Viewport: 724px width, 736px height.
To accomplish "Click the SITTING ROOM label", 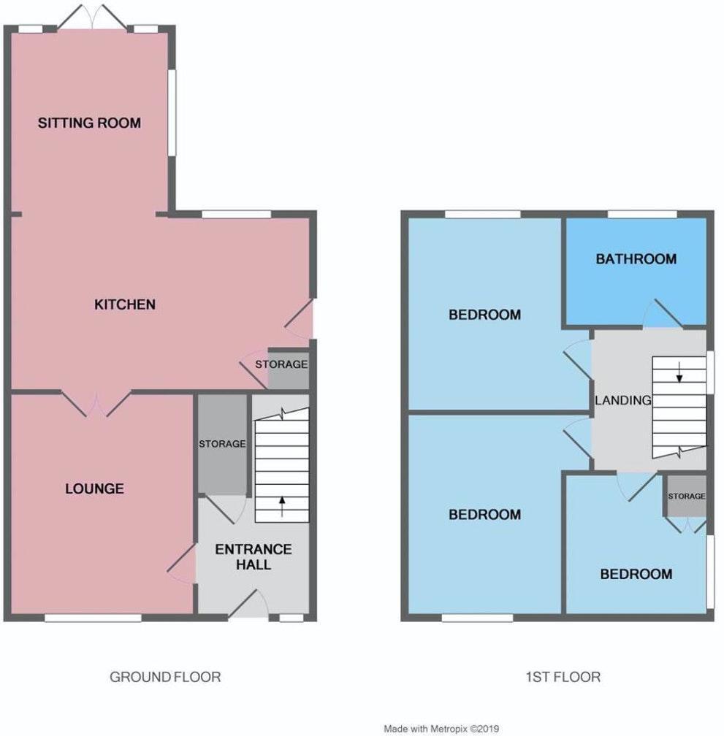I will click(x=89, y=123).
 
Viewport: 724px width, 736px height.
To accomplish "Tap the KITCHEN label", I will click(x=125, y=304).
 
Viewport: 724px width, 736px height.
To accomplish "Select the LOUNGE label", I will click(x=94, y=488).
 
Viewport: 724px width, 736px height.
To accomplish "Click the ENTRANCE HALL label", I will click(x=253, y=556).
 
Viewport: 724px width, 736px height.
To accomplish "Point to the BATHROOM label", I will click(x=636, y=258).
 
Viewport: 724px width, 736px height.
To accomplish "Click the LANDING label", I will click(x=622, y=400).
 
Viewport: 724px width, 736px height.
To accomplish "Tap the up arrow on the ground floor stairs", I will click(x=283, y=504).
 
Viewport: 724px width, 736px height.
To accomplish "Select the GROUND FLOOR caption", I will click(x=165, y=677).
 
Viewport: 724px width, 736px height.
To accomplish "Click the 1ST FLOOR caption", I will click(x=563, y=677).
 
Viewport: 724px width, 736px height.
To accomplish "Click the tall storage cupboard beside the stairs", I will click(x=222, y=444).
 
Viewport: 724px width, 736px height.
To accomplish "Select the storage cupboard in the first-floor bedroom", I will click(x=686, y=497).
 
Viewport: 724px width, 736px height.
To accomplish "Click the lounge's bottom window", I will click(x=93, y=618).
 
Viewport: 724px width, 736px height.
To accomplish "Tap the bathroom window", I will click(x=642, y=214).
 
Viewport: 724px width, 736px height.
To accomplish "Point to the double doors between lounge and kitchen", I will click(x=96, y=401).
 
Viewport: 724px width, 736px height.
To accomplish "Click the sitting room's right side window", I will click(x=172, y=112).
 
